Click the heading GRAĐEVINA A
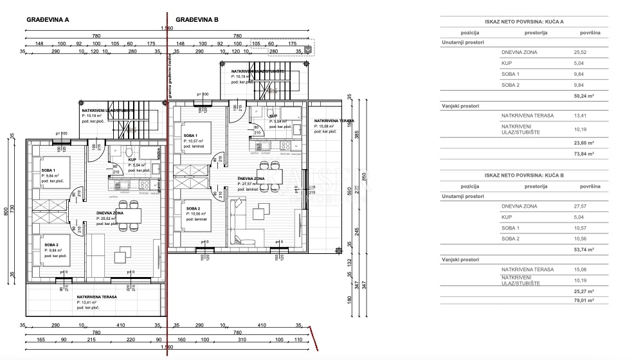click(x=48, y=20)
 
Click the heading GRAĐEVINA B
click(x=197, y=20)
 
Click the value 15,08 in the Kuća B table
click(x=580, y=269)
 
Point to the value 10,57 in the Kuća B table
click(x=580, y=228)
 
